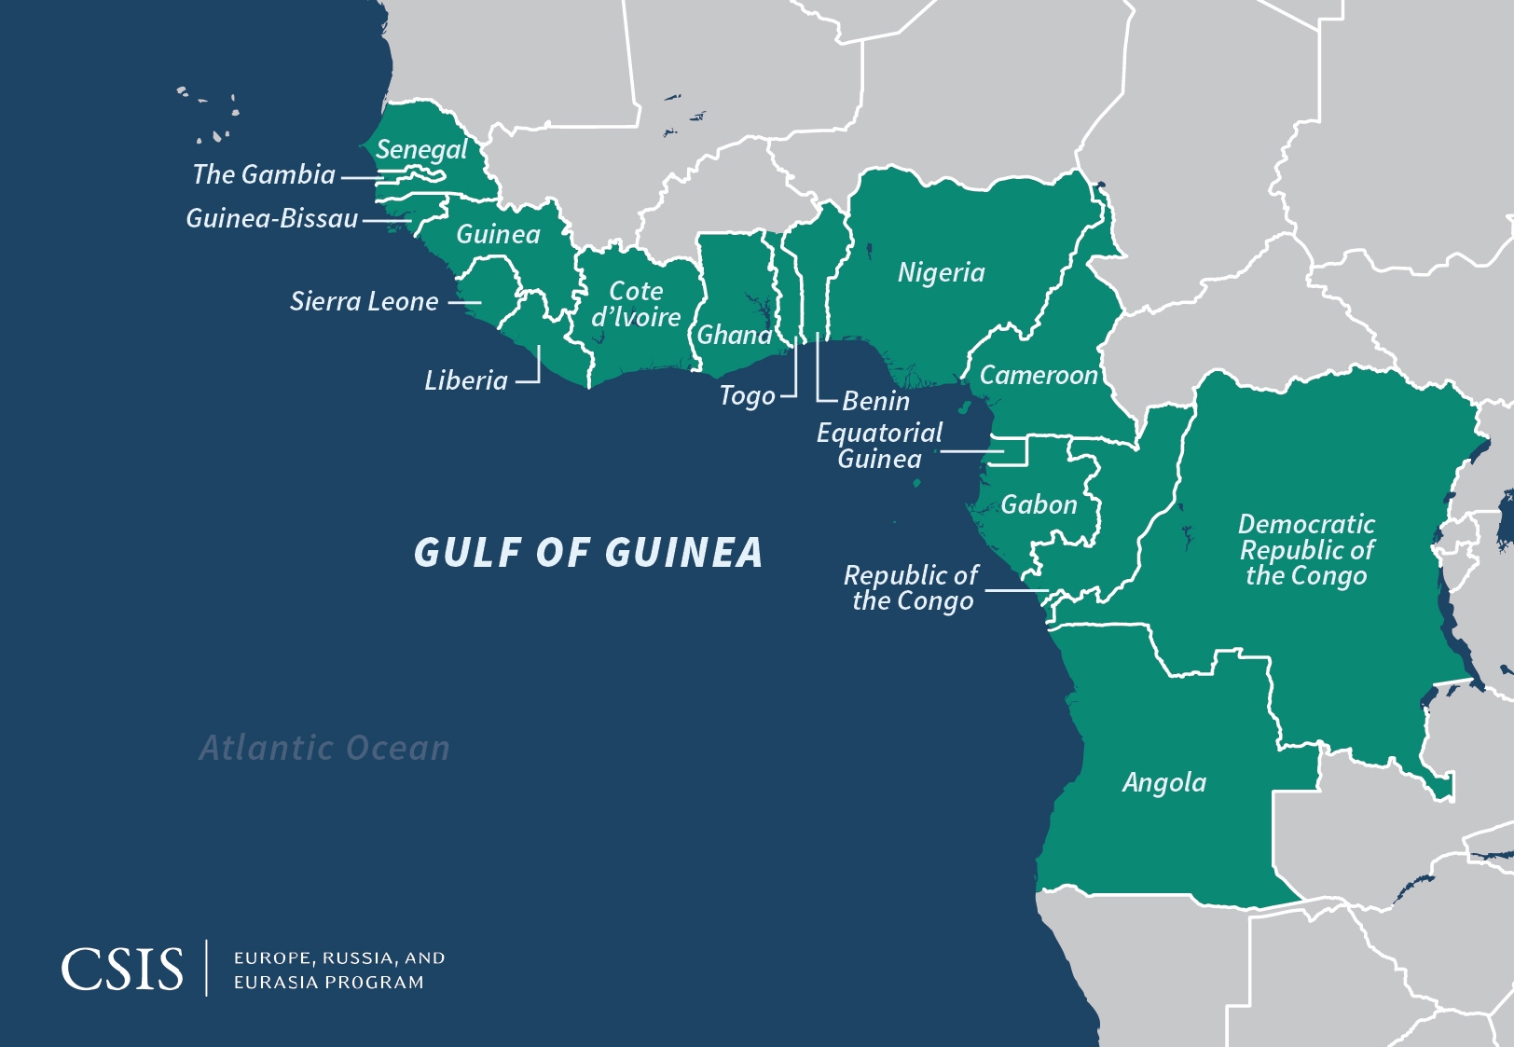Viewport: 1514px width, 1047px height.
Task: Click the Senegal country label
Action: [x=421, y=150]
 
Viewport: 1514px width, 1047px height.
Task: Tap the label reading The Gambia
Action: [x=264, y=174]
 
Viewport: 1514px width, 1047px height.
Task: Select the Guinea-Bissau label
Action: [x=272, y=218]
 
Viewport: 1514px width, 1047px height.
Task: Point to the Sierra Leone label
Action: [x=364, y=301]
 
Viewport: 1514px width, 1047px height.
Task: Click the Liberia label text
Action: [x=466, y=380]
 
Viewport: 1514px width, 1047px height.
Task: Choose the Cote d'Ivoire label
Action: [x=636, y=305]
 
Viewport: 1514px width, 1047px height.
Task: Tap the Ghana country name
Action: [x=735, y=335]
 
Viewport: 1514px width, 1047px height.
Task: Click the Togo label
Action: [x=747, y=396]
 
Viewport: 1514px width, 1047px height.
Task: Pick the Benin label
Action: [x=875, y=401]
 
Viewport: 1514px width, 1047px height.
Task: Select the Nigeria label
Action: [x=941, y=272]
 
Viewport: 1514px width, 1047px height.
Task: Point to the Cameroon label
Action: [x=1039, y=375]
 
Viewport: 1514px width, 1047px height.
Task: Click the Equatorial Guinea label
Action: [x=879, y=446]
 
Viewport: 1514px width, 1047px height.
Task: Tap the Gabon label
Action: [x=1039, y=505]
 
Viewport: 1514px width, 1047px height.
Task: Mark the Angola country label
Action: [x=1163, y=782]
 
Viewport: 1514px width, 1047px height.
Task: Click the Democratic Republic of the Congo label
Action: [x=1306, y=550]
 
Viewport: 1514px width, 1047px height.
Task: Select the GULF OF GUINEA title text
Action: [x=588, y=552]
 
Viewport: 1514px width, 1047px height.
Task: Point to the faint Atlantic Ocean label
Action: [x=324, y=748]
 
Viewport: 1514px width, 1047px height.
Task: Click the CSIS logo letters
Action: [x=122, y=970]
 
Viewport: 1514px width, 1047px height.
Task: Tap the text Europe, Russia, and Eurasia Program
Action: [x=339, y=970]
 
